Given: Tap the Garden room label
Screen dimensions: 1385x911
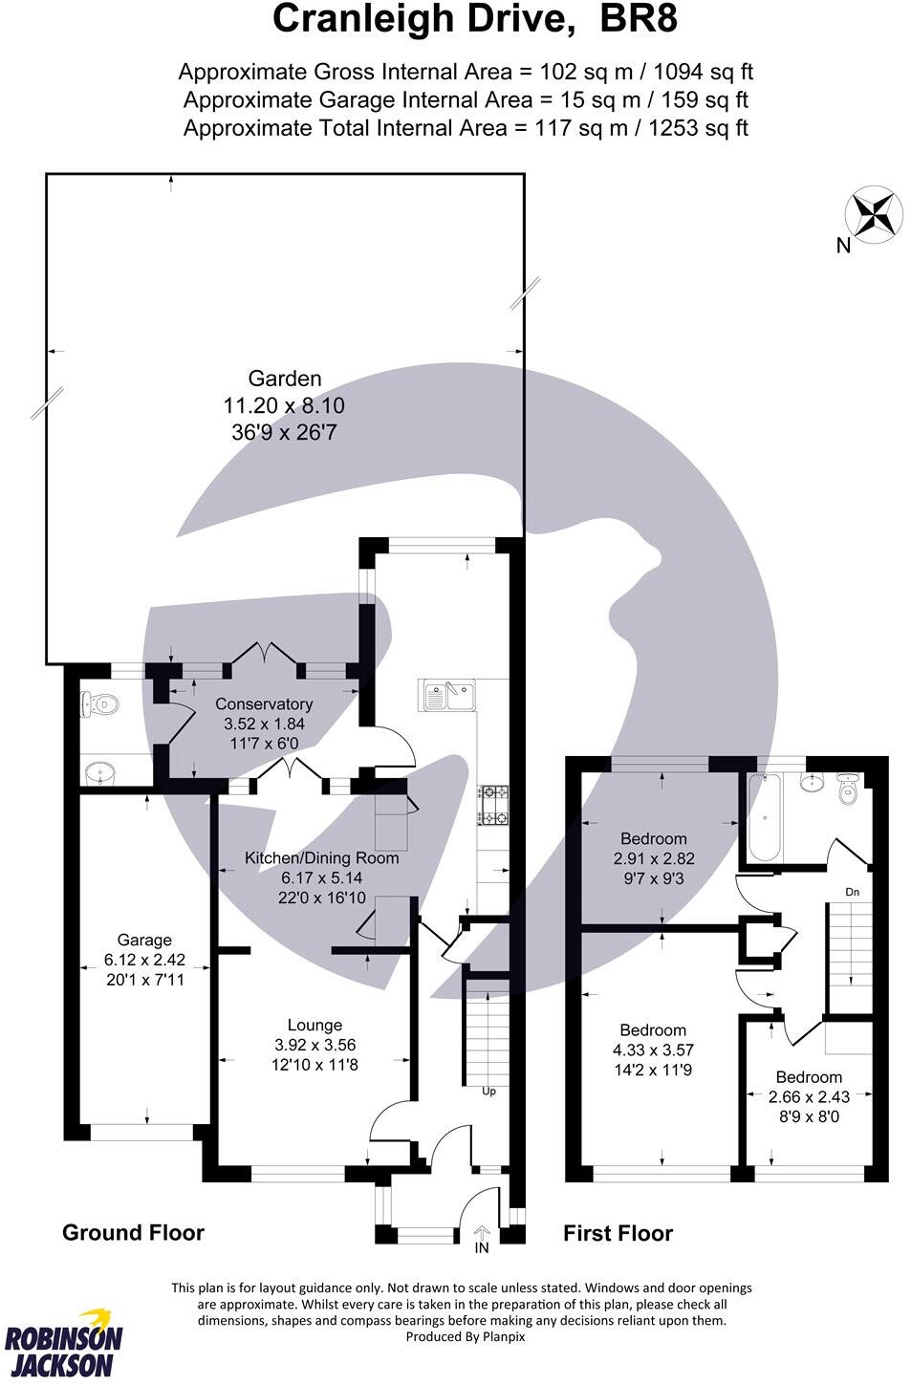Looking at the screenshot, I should (285, 379).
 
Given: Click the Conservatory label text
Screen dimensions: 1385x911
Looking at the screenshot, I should (264, 704).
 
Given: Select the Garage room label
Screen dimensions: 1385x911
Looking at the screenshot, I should (144, 941).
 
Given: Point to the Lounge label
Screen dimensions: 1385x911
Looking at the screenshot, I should (315, 1026).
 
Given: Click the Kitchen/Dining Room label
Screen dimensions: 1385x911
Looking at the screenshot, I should (321, 858).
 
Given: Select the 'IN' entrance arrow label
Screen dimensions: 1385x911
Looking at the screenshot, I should (482, 1246).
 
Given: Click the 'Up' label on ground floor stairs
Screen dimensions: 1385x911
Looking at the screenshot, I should (488, 1091).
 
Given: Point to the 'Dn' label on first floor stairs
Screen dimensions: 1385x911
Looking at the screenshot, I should (853, 892).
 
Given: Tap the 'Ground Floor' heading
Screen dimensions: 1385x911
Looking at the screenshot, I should (133, 1233).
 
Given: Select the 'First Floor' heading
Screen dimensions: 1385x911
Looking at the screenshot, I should (618, 1234).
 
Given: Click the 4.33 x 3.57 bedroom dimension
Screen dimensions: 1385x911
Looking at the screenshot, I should (653, 1050).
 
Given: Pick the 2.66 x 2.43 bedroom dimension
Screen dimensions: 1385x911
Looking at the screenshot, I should (809, 1096).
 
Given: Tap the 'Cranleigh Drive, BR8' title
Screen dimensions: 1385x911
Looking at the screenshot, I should (475, 20).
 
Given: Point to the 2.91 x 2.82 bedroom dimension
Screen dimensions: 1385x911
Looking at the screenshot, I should (653, 858).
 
